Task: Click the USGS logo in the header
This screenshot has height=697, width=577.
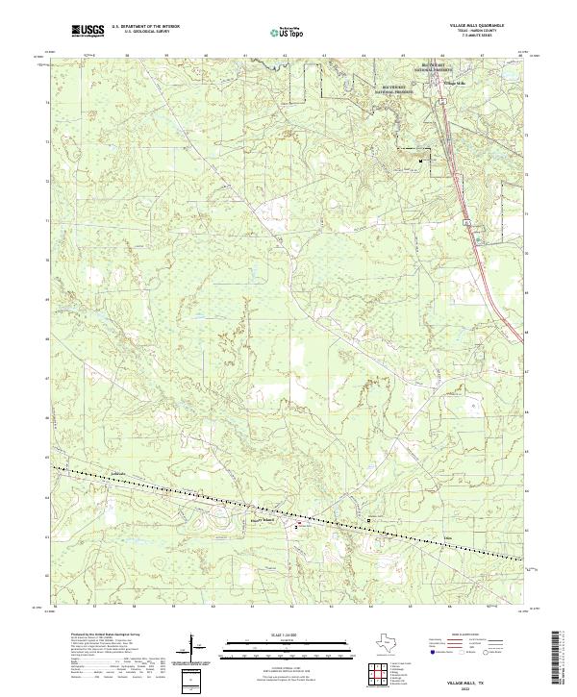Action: pyautogui.click(x=88, y=32)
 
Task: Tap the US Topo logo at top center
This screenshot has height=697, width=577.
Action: pyautogui.click(x=289, y=32)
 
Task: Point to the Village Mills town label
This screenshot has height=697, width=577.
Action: pyautogui.click(x=453, y=84)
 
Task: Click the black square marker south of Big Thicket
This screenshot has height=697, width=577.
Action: pyautogui.click(x=421, y=162)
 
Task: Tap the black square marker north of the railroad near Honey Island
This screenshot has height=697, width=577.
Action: pyautogui.click(x=371, y=520)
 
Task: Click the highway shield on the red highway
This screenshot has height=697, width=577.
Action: pyautogui.click(x=466, y=222)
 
